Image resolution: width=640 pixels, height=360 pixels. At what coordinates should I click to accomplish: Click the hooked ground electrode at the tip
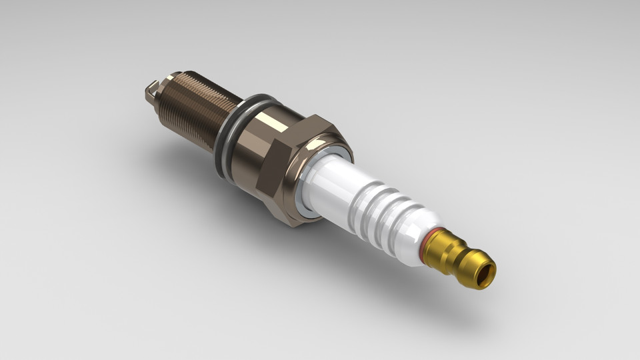151,92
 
